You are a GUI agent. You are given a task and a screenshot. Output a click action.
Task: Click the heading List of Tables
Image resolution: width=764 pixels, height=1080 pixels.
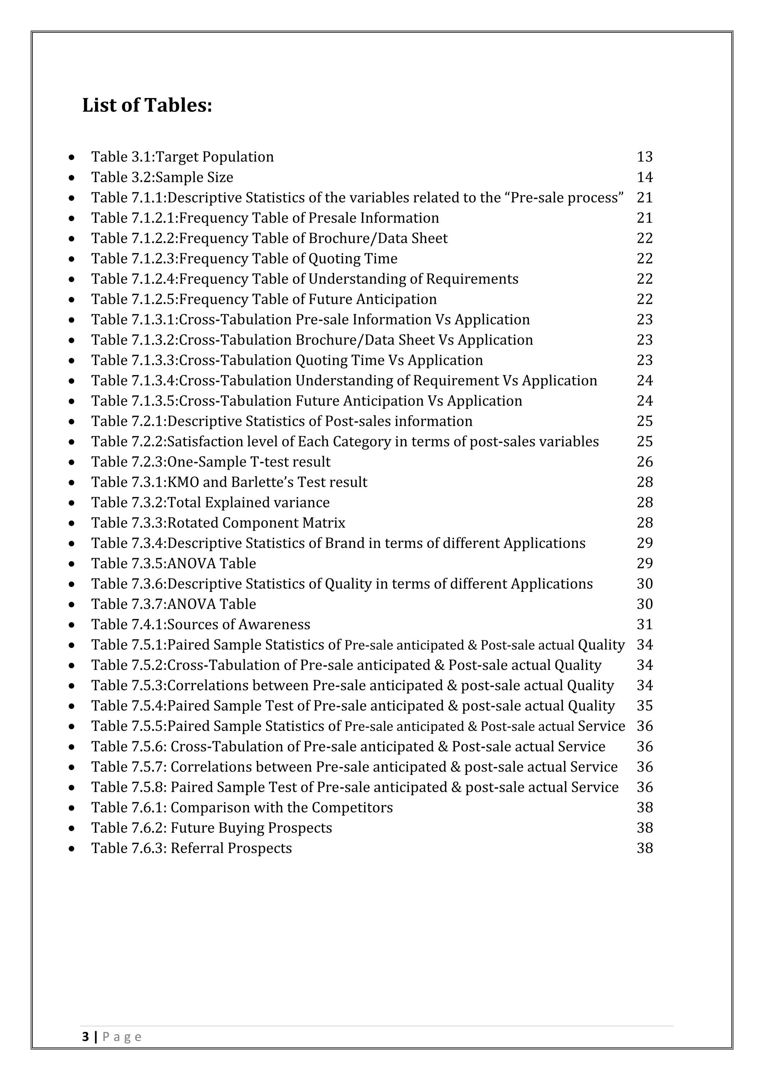point(147,105)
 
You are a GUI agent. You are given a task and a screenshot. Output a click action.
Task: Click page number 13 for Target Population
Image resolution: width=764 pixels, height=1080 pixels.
point(645,157)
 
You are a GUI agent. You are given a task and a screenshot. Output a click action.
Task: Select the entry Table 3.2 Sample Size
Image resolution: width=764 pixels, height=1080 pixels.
point(162,178)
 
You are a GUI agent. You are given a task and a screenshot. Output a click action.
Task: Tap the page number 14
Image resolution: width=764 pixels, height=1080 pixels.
point(645,178)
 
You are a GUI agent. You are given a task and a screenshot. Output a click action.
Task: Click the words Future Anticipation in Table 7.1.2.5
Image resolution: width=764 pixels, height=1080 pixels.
point(373,299)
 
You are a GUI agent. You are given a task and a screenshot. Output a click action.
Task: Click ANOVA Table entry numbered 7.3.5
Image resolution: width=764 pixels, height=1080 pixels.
point(173,563)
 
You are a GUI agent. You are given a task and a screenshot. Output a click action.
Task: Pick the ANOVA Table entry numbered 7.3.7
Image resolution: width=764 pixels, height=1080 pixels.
point(173,604)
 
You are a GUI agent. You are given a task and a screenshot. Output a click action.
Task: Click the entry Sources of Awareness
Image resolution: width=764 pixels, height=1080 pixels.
point(201,625)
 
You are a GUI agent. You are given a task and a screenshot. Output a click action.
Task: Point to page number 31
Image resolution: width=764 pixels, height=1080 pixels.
point(645,625)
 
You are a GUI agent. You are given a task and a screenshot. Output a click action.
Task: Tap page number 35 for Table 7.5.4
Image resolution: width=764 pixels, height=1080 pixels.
point(645,706)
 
